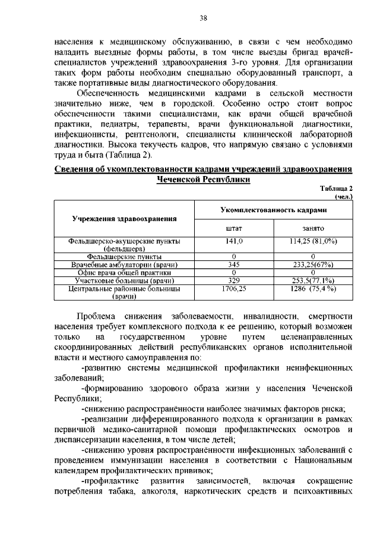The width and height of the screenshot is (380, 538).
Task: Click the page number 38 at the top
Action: pyautogui.click(x=203, y=18)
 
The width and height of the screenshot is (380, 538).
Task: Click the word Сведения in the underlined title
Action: pyautogui.click(x=78, y=169)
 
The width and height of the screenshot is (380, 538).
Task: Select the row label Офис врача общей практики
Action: pyautogui.click(x=125, y=272)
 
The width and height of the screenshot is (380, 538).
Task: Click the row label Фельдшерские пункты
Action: pyautogui.click(x=125, y=257)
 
